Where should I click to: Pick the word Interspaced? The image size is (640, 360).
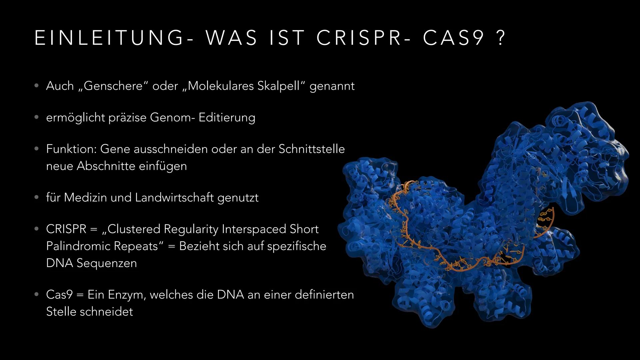click(x=254, y=229)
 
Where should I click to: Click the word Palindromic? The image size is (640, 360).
click(x=79, y=246)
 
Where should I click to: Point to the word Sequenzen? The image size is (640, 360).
click(x=107, y=263)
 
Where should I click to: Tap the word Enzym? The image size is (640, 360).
click(x=126, y=295)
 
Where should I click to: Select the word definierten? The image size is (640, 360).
click(x=324, y=295)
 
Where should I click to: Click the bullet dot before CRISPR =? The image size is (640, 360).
click(x=36, y=229)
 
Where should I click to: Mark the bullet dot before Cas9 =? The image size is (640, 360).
click(x=36, y=295)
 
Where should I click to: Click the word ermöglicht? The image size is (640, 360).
click(x=75, y=118)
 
